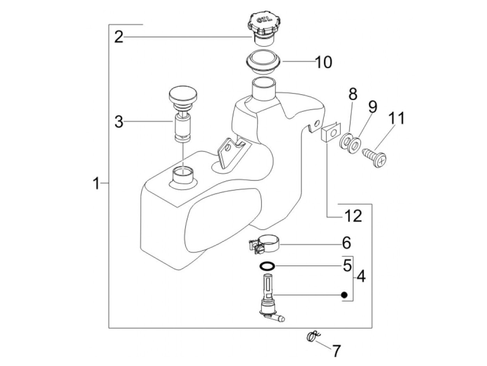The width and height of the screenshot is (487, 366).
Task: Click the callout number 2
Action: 119,37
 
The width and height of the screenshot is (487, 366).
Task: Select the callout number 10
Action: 324,62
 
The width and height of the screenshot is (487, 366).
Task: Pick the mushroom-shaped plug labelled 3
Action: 183,114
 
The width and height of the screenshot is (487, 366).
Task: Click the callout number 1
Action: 96,183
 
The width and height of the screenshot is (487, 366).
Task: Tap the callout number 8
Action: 353,94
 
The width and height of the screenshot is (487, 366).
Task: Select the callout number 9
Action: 373,107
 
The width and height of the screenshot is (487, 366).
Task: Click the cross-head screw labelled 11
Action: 374,158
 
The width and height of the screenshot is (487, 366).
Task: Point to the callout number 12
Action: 353,216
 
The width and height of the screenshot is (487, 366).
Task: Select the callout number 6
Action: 346,243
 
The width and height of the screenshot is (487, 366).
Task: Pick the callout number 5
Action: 347,265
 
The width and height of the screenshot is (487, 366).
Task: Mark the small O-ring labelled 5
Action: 267,266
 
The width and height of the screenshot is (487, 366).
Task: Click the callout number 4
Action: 361,276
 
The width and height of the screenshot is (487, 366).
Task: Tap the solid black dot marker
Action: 344,295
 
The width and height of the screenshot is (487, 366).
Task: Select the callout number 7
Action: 336,351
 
